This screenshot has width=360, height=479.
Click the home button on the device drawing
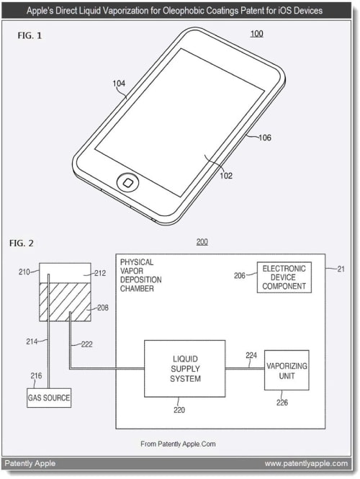point(127,183)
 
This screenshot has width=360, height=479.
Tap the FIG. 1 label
point(30,36)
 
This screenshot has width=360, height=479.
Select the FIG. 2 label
point(22,243)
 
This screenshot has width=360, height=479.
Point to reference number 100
point(256,34)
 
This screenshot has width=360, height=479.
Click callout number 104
point(119,84)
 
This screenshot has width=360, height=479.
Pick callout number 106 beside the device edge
point(265,138)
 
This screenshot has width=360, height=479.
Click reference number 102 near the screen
point(226,176)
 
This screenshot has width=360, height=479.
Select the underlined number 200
point(202,242)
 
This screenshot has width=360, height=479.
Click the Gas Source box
point(49,398)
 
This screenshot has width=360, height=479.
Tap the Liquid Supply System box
point(185,369)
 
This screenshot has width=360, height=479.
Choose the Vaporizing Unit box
point(287,370)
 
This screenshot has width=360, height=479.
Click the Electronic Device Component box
point(284,277)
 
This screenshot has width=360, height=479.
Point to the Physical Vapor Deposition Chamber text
point(141,275)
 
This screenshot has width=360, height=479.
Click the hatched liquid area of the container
point(65,302)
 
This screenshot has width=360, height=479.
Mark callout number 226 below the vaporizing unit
point(282,403)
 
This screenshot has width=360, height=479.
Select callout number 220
point(179,410)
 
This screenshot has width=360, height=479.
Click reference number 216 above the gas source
point(36,376)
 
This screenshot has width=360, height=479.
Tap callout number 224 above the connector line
point(251,355)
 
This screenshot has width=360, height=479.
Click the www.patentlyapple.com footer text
point(306,464)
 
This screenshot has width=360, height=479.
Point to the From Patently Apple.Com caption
point(178,444)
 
